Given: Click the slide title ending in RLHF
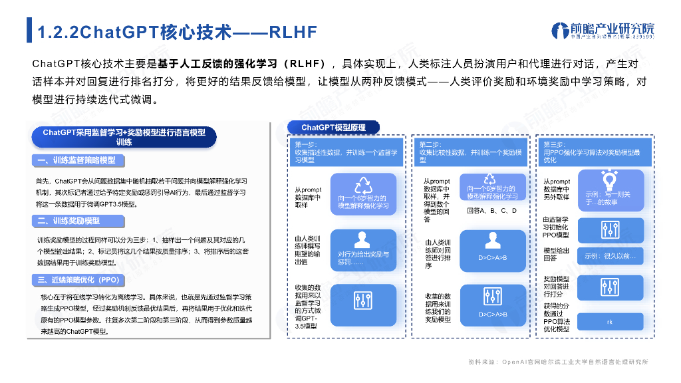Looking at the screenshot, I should pyautogui.click(x=176, y=32).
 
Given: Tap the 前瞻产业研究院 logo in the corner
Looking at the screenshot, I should pyautogui.click(x=603, y=31).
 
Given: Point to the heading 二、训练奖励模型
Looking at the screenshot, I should pyautogui.click(x=69, y=220).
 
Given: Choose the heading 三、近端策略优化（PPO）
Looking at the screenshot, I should pyautogui.click(x=80, y=279).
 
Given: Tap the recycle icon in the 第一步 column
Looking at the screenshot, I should pyautogui.click(x=363, y=184).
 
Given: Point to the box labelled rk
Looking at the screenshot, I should pyautogui.click(x=610, y=322).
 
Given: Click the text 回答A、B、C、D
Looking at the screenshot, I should pyautogui.click(x=492, y=211).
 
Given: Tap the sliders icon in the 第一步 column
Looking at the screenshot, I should pyautogui.click(x=363, y=299).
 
